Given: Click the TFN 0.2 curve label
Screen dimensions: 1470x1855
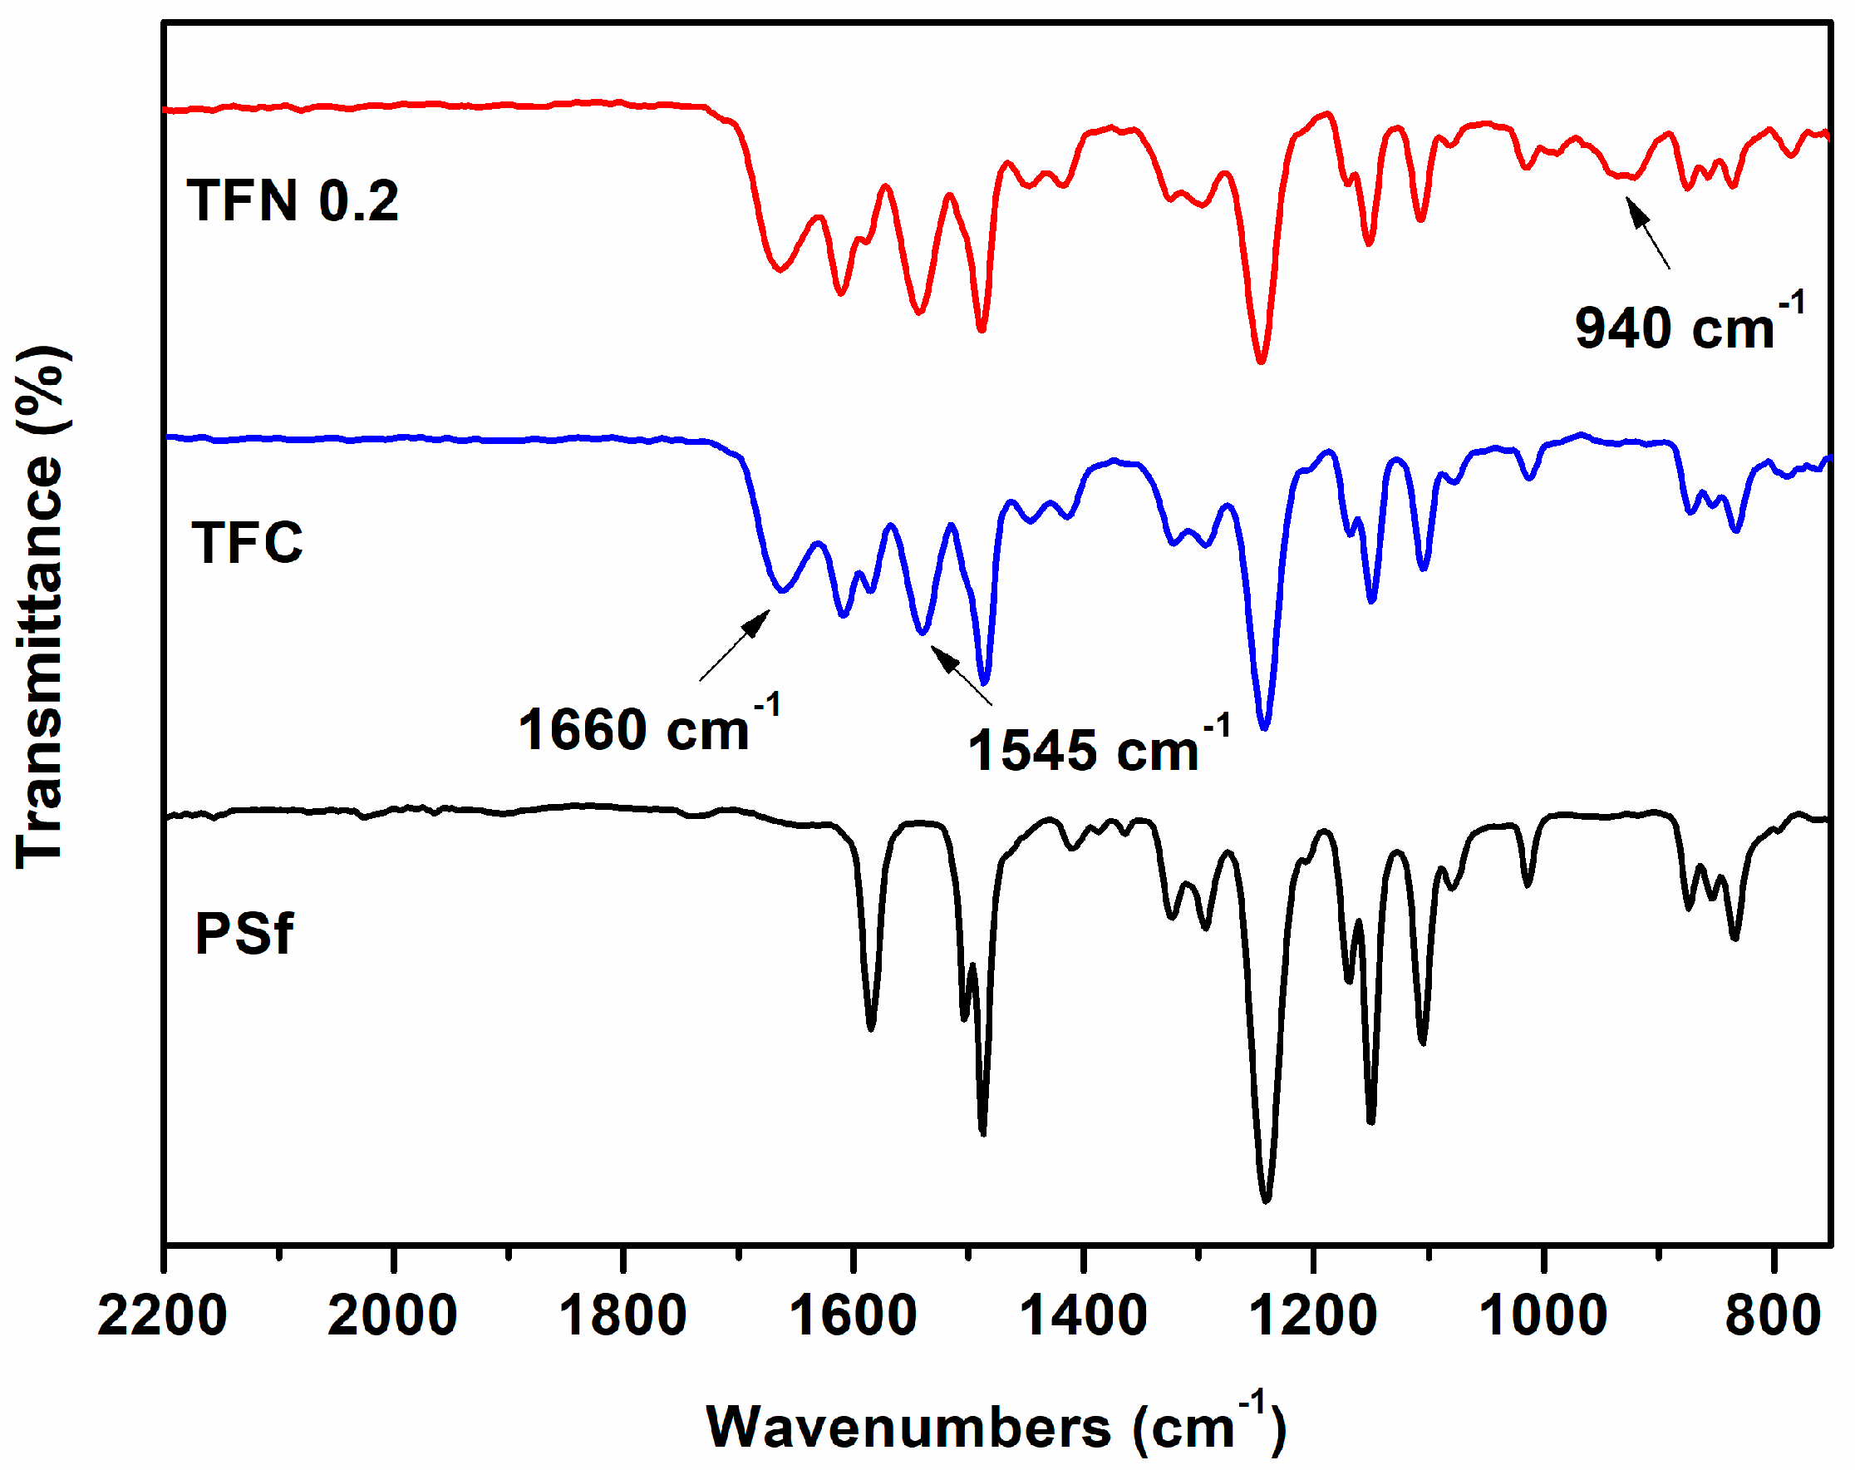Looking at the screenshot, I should (293, 201).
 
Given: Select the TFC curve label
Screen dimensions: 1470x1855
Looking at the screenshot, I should (248, 542).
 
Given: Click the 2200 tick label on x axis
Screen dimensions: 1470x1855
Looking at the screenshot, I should (163, 1316).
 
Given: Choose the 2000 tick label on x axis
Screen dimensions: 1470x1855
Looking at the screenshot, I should (392, 1316).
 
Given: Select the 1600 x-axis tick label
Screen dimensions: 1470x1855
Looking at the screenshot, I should (853, 1316).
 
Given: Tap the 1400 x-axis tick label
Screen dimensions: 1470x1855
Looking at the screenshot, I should (1083, 1316).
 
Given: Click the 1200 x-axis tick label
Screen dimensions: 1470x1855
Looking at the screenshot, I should (1314, 1316).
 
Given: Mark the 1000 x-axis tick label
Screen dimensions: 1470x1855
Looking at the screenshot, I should (1543, 1316).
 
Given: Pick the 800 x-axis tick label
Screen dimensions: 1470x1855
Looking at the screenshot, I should (1773, 1316).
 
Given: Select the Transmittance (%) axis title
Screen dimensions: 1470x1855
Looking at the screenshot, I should (41, 606).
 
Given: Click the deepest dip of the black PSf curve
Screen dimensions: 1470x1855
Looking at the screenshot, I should (1266, 1198).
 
